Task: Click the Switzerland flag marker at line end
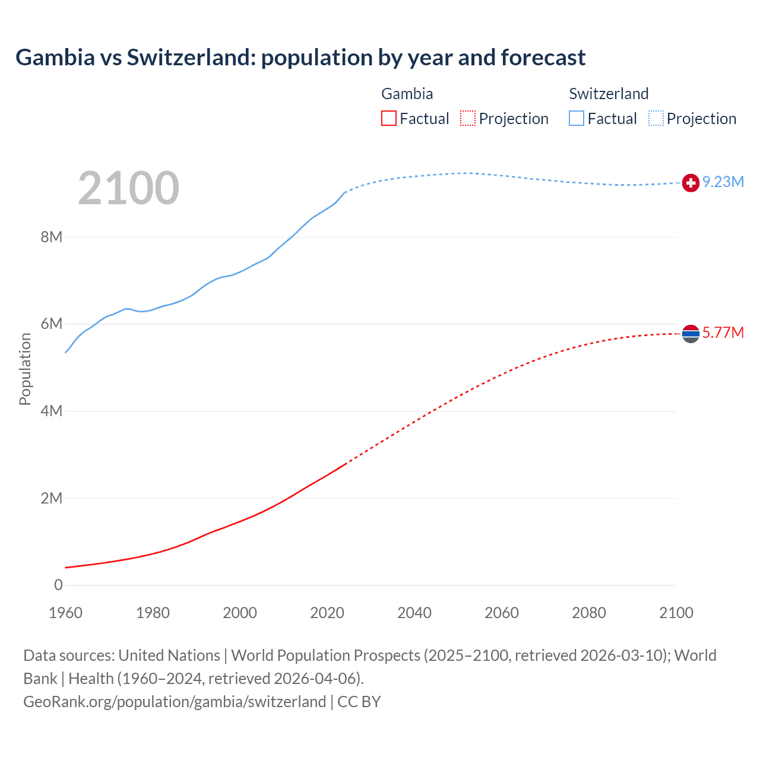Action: point(691,183)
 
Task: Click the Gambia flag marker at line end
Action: point(691,334)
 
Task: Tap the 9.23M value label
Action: point(723,182)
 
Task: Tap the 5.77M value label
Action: point(723,332)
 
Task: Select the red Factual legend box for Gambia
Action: point(389,119)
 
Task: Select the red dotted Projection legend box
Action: point(468,119)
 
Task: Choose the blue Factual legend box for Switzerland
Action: point(577,119)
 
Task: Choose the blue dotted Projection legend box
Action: point(656,119)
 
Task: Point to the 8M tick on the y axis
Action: point(52,237)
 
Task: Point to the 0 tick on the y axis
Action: point(58,585)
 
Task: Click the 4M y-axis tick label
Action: point(52,411)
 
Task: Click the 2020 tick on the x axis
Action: point(327,613)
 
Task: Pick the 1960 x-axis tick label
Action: point(65,613)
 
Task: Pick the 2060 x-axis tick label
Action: point(502,613)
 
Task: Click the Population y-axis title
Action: point(25,369)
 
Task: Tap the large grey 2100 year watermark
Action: point(128,188)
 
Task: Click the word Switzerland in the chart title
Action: point(189,58)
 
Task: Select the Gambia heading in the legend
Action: point(407,94)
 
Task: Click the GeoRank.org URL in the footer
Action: point(175,701)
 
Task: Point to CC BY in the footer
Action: point(359,701)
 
